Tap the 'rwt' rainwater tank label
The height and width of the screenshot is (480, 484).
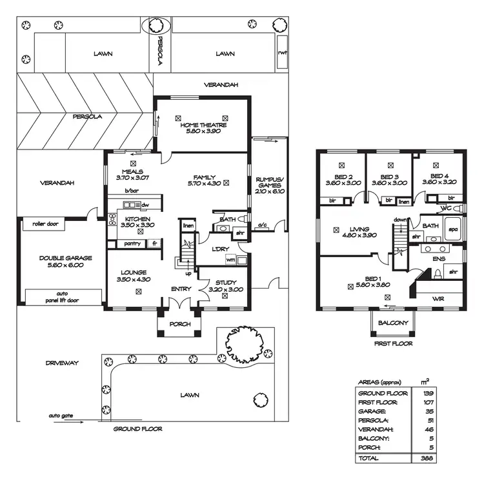pos(282,54)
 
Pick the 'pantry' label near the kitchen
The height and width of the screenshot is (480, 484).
pos(132,244)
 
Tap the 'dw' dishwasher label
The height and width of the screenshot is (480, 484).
pos(145,205)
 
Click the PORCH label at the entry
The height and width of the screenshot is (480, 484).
pos(179,324)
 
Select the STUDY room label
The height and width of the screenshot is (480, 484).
pos(222,282)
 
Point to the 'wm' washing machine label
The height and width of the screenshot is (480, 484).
pos(230,259)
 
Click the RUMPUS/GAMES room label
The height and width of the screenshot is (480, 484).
pos(266,183)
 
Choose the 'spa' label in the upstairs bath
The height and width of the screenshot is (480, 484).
pos(453,229)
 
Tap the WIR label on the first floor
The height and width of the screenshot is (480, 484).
pos(438,299)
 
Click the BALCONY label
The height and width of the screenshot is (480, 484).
pos(393,323)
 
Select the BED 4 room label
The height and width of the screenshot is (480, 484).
pos(439,178)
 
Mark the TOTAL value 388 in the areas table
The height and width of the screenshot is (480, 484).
pos(426,458)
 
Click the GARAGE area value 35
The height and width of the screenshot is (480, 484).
pos(426,410)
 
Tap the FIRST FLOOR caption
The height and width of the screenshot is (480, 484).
pos(393,344)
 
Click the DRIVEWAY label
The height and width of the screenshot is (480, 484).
pos(62,363)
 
